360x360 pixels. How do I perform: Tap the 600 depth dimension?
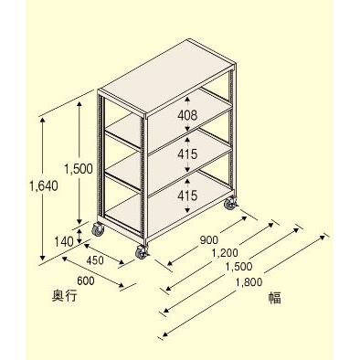(x=86, y=281)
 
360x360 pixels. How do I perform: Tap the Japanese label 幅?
(x=273, y=296)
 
